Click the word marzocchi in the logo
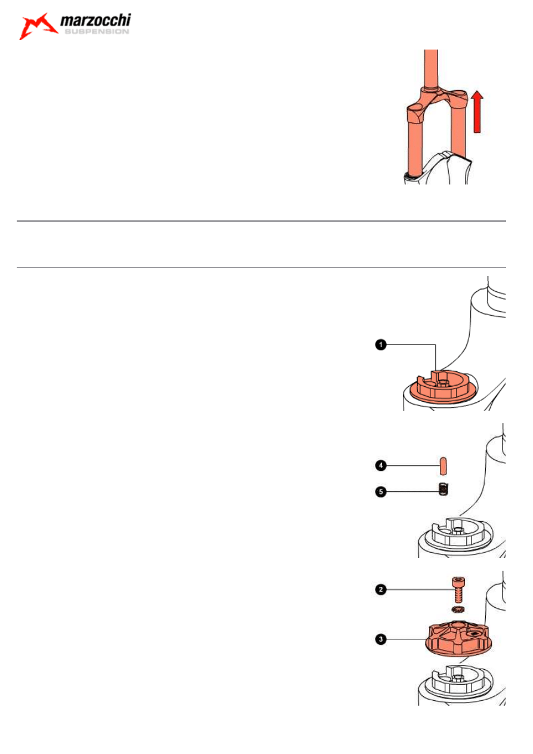coord(95,20)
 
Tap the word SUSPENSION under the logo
coord(97,32)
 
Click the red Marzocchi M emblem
coord(38,26)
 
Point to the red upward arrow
coord(477,112)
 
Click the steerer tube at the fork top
coord(431,69)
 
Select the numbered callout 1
coord(381,344)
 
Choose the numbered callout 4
coord(381,466)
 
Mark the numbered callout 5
coord(381,492)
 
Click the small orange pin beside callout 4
coord(443,466)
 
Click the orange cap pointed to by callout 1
coord(442,386)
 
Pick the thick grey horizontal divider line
coord(261,221)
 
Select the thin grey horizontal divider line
coord(261,267)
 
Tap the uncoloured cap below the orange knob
coord(458,684)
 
